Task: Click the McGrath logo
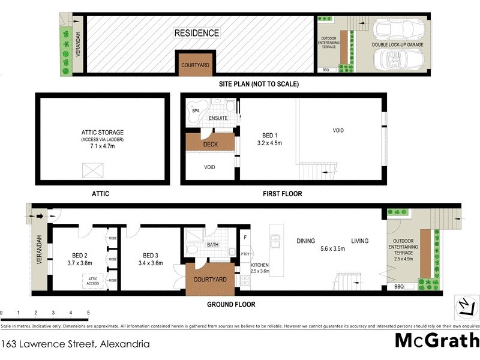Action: [x=436, y=340]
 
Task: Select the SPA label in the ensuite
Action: [x=195, y=111]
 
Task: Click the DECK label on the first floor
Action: [x=210, y=144]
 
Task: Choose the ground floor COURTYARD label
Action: [x=209, y=280]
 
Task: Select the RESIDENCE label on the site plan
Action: [x=196, y=33]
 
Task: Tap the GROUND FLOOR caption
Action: [x=231, y=304]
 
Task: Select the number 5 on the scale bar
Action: [x=88, y=313]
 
